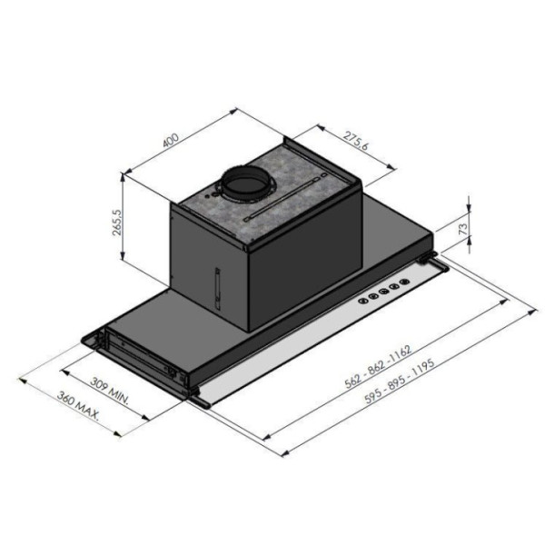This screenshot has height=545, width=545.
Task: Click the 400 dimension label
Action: pyautogui.click(x=171, y=140)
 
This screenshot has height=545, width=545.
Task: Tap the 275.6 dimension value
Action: pyautogui.click(x=355, y=141)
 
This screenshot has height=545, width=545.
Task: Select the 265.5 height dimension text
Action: pyautogui.click(x=117, y=223)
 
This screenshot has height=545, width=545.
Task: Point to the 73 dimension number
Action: pyautogui.click(x=463, y=229)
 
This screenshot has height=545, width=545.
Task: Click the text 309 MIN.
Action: pyautogui.click(x=110, y=391)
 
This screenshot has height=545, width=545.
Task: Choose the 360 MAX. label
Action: pyautogui.click(x=78, y=406)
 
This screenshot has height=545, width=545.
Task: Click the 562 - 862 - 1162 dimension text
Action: pyautogui.click(x=378, y=366)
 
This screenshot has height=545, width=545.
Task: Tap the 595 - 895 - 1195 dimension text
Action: pyautogui.click(x=400, y=381)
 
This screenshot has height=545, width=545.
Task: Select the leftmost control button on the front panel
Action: pyautogui.click(x=363, y=301)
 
